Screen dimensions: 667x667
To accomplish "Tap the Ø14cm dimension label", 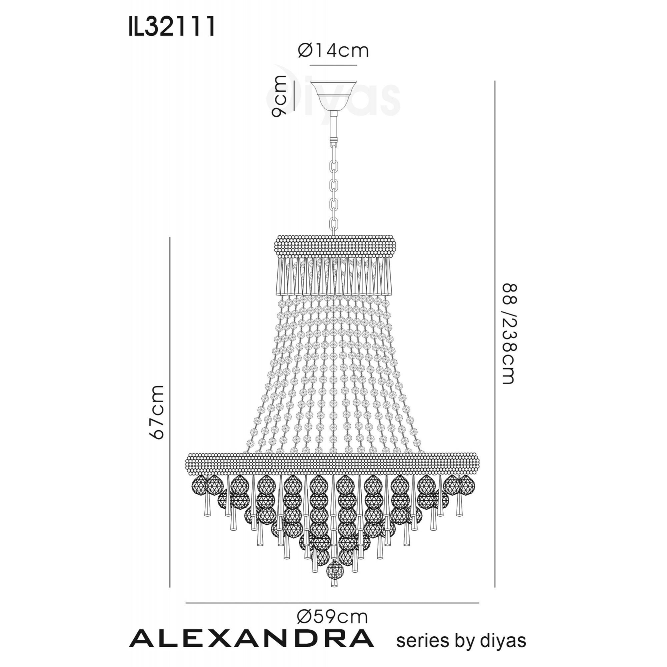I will (x=333, y=51).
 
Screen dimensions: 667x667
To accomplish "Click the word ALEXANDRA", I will (x=252, y=638).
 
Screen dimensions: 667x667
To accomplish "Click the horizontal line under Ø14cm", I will (x=333, y=65).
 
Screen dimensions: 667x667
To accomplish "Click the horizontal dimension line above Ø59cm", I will (x=332, y=603).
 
